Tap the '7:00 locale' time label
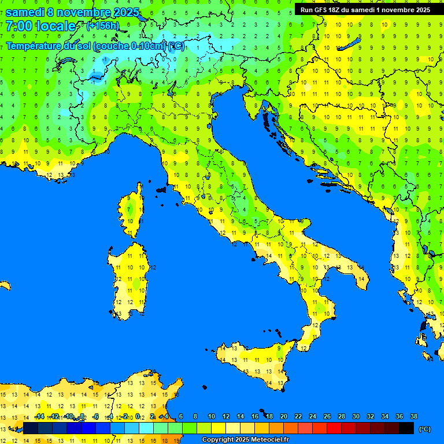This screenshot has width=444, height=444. click(x=40, y=26)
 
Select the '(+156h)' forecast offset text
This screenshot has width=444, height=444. click(x=102, y=26)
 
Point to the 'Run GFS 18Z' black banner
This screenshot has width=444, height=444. click(x=365, y=10)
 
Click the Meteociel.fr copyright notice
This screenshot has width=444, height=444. click(x=245, y=440)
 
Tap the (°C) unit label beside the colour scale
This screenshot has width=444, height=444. click(x=424, y=429)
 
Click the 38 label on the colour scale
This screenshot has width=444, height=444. click(x=413, y=417)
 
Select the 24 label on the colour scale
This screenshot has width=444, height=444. click(x=313, y=417)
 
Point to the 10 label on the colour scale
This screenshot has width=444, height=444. click(x=212, y=417)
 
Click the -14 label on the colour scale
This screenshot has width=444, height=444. click(x=39, y=417)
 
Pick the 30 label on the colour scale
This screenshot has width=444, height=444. click(x=356, y=417)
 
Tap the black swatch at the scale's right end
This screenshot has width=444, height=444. click(x=406, y=428)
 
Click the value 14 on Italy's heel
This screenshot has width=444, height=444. click(x=361, y=279)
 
